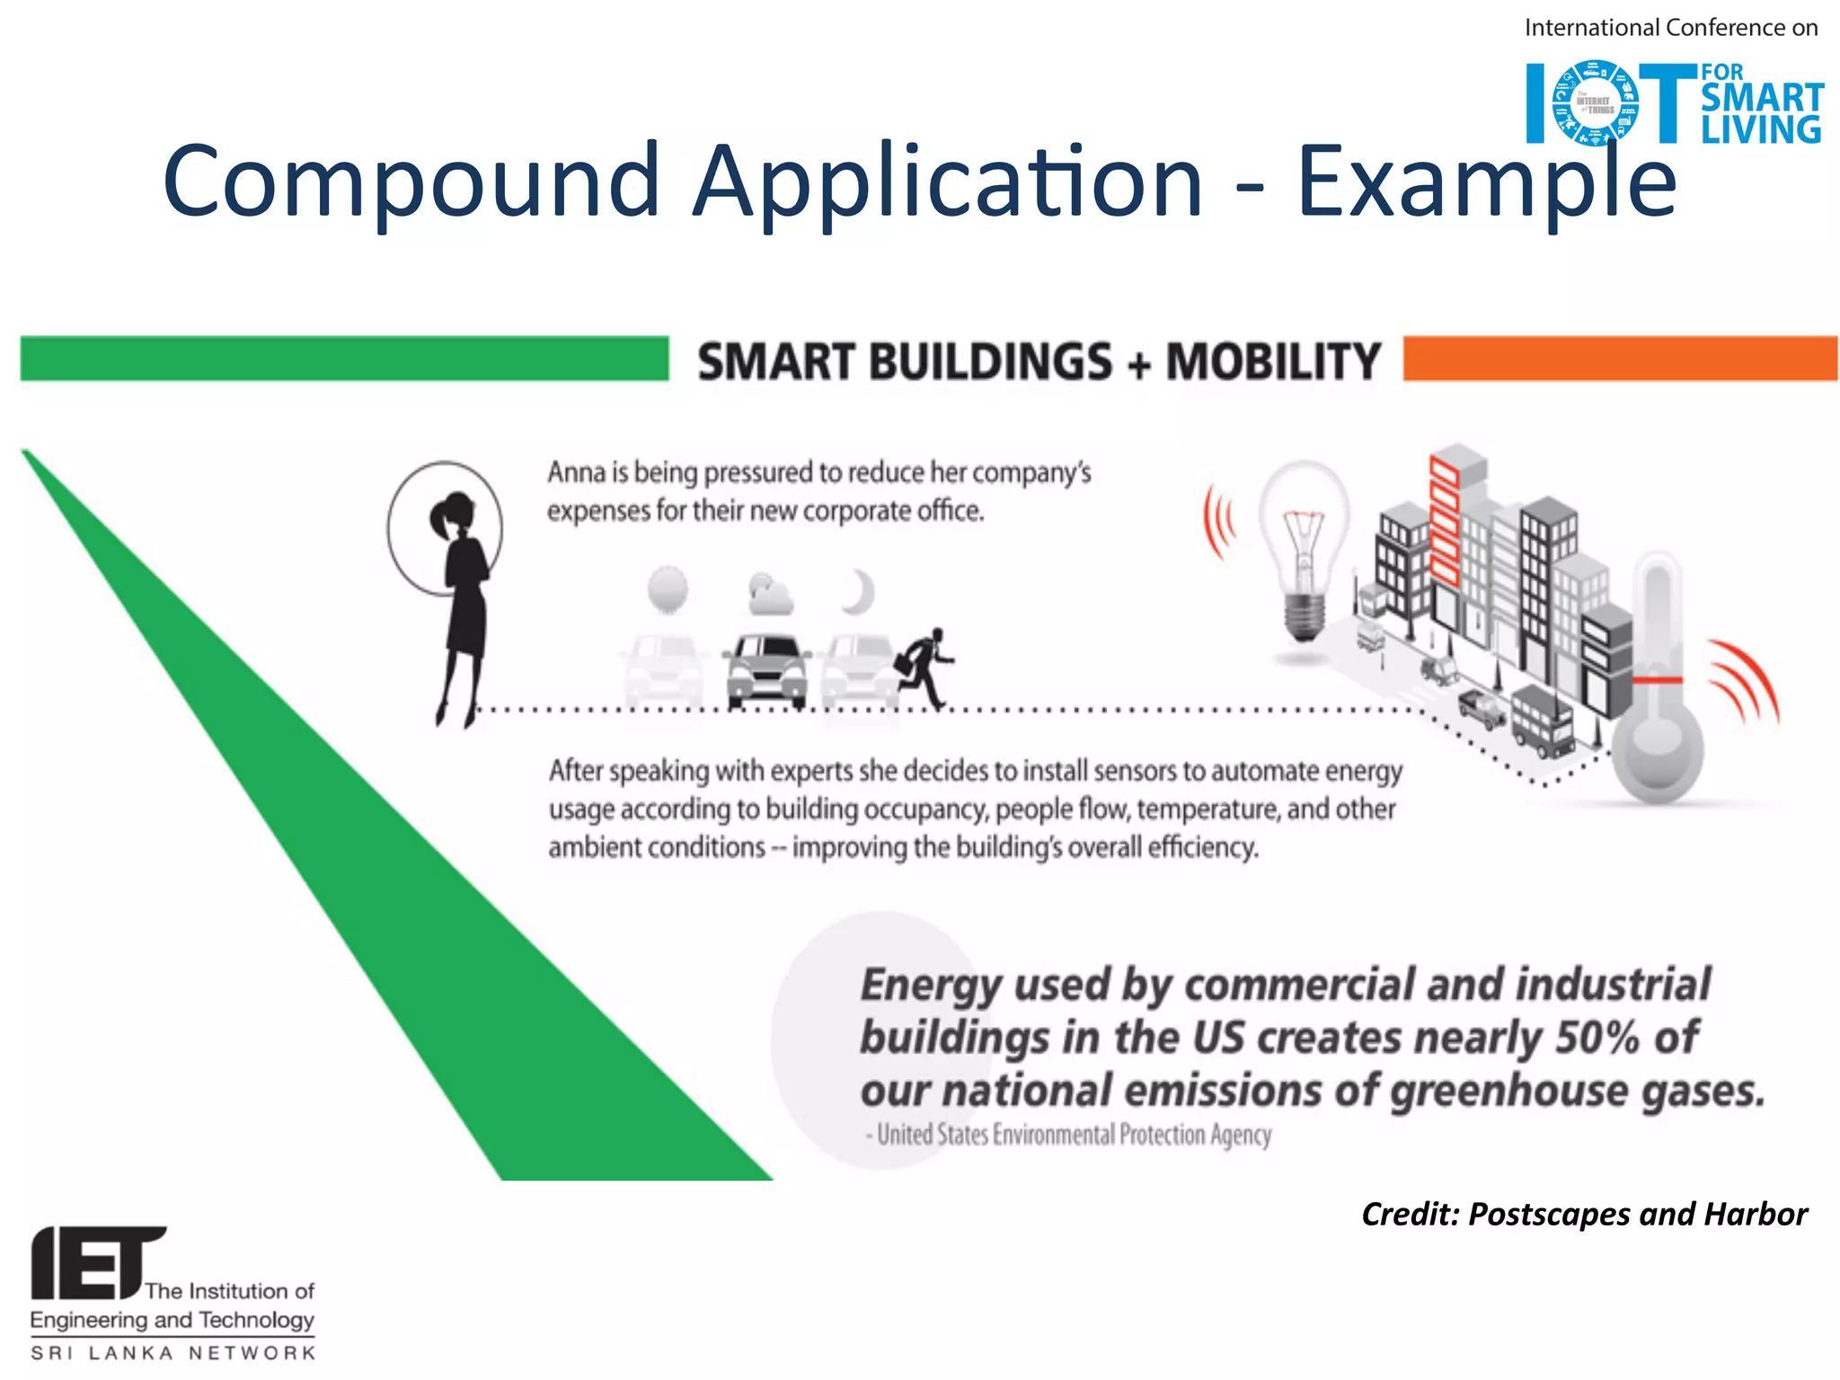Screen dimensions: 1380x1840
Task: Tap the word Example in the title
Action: point(1486,182)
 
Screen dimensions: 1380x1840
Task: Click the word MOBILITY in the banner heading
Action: point(1272,361)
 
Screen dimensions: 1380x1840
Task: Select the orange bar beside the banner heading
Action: point(1619,358)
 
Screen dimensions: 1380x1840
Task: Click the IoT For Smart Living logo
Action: point(1674,102)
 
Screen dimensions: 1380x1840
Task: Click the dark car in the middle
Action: point(766,669)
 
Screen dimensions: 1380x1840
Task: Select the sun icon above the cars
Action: point(668,589)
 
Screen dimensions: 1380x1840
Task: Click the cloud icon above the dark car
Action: point(769,594)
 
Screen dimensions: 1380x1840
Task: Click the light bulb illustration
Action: point(1303,548)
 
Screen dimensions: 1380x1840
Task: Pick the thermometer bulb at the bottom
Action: point(1656,750)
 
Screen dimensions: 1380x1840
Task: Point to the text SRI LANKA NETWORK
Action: point(173,1353)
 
